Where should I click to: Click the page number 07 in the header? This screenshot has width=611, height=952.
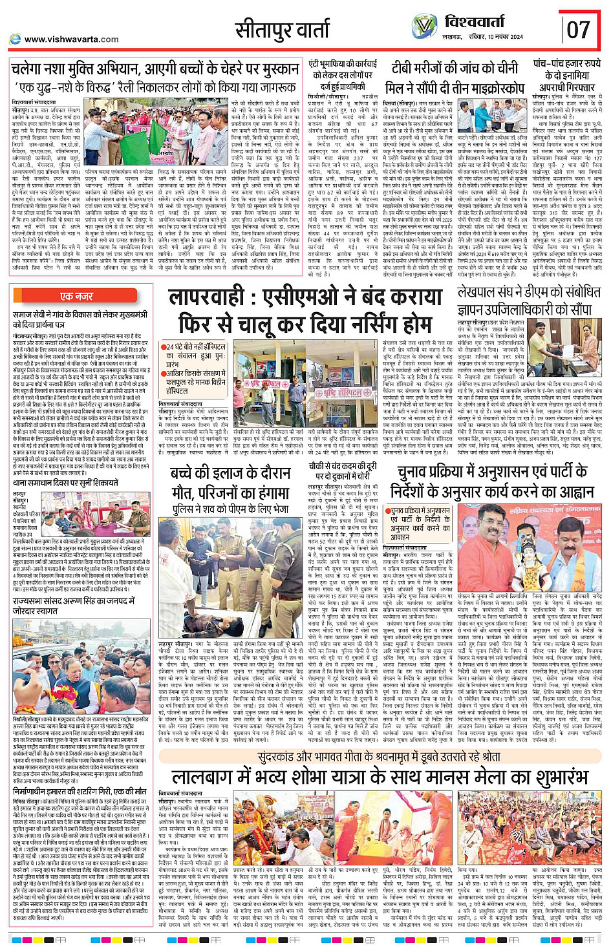(579, 28)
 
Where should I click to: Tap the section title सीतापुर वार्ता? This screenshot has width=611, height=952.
(282, 30)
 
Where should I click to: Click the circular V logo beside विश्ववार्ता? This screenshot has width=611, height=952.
(424, 26)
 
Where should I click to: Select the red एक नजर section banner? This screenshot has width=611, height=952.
(77, 296)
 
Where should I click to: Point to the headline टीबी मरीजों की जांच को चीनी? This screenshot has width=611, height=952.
(455, 68)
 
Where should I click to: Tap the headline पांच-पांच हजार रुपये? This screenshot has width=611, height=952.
(566, 65)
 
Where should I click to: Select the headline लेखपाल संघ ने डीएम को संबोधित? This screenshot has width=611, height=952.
(524, 293)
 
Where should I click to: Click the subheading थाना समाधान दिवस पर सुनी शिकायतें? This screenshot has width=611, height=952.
(65, 482)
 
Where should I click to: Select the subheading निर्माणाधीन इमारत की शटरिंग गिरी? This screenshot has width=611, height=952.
(80, 790)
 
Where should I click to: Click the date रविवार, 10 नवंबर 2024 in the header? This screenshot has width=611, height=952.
(495, 37)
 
